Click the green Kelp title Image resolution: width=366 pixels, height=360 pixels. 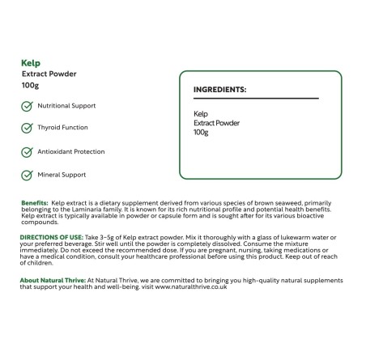31,62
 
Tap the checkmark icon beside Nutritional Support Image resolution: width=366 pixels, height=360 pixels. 28,106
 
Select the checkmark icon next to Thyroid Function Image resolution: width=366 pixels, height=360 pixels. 28,128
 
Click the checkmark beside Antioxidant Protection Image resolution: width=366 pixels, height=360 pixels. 28,152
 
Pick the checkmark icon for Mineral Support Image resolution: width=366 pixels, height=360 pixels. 28,175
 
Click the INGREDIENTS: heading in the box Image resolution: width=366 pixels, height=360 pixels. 219,89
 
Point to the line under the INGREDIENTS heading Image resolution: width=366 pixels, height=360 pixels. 256,99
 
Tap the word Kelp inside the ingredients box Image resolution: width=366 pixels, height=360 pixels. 201,114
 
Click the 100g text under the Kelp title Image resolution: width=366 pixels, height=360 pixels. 31,85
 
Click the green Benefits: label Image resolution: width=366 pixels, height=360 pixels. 34,202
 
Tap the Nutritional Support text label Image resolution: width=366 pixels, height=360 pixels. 66,106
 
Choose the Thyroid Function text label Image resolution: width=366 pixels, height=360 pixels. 63,128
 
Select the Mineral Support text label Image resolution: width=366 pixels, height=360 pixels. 62,175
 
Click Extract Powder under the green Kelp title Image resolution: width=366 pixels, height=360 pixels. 49,74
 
